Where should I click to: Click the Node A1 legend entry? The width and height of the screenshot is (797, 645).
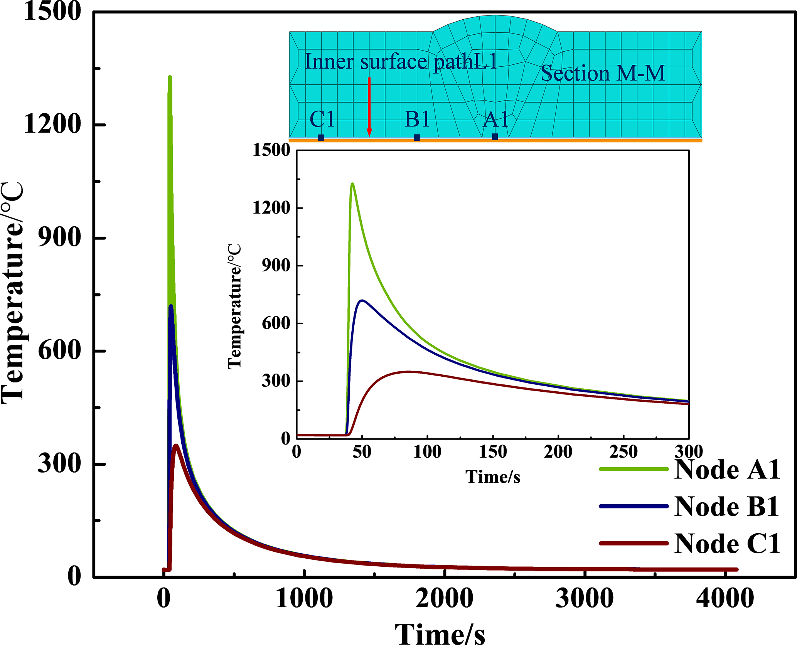[727, 470]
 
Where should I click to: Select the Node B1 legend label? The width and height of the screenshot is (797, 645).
[727, 506]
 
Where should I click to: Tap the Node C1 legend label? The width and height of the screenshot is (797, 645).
[727, 544]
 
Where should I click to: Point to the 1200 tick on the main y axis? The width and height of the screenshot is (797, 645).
[52, 125]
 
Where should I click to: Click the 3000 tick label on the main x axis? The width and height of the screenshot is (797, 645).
[585, 598]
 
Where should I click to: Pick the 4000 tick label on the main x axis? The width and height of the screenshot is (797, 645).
[725, 598]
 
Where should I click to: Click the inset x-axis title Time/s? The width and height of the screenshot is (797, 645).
[493, 477]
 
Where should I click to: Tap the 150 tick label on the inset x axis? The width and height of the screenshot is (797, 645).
[493, 451]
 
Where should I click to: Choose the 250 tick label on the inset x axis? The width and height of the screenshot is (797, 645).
[623, 451]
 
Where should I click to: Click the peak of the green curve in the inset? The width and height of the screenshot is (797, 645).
[352, 184]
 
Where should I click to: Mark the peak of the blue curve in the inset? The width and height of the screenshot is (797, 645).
[362, 300]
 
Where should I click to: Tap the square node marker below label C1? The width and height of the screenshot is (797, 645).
[321, 138]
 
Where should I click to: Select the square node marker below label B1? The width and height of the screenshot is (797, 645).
[417, 138]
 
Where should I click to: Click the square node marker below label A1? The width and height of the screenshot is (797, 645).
[495, 137]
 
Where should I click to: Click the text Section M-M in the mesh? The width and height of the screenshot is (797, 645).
[603, 73]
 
